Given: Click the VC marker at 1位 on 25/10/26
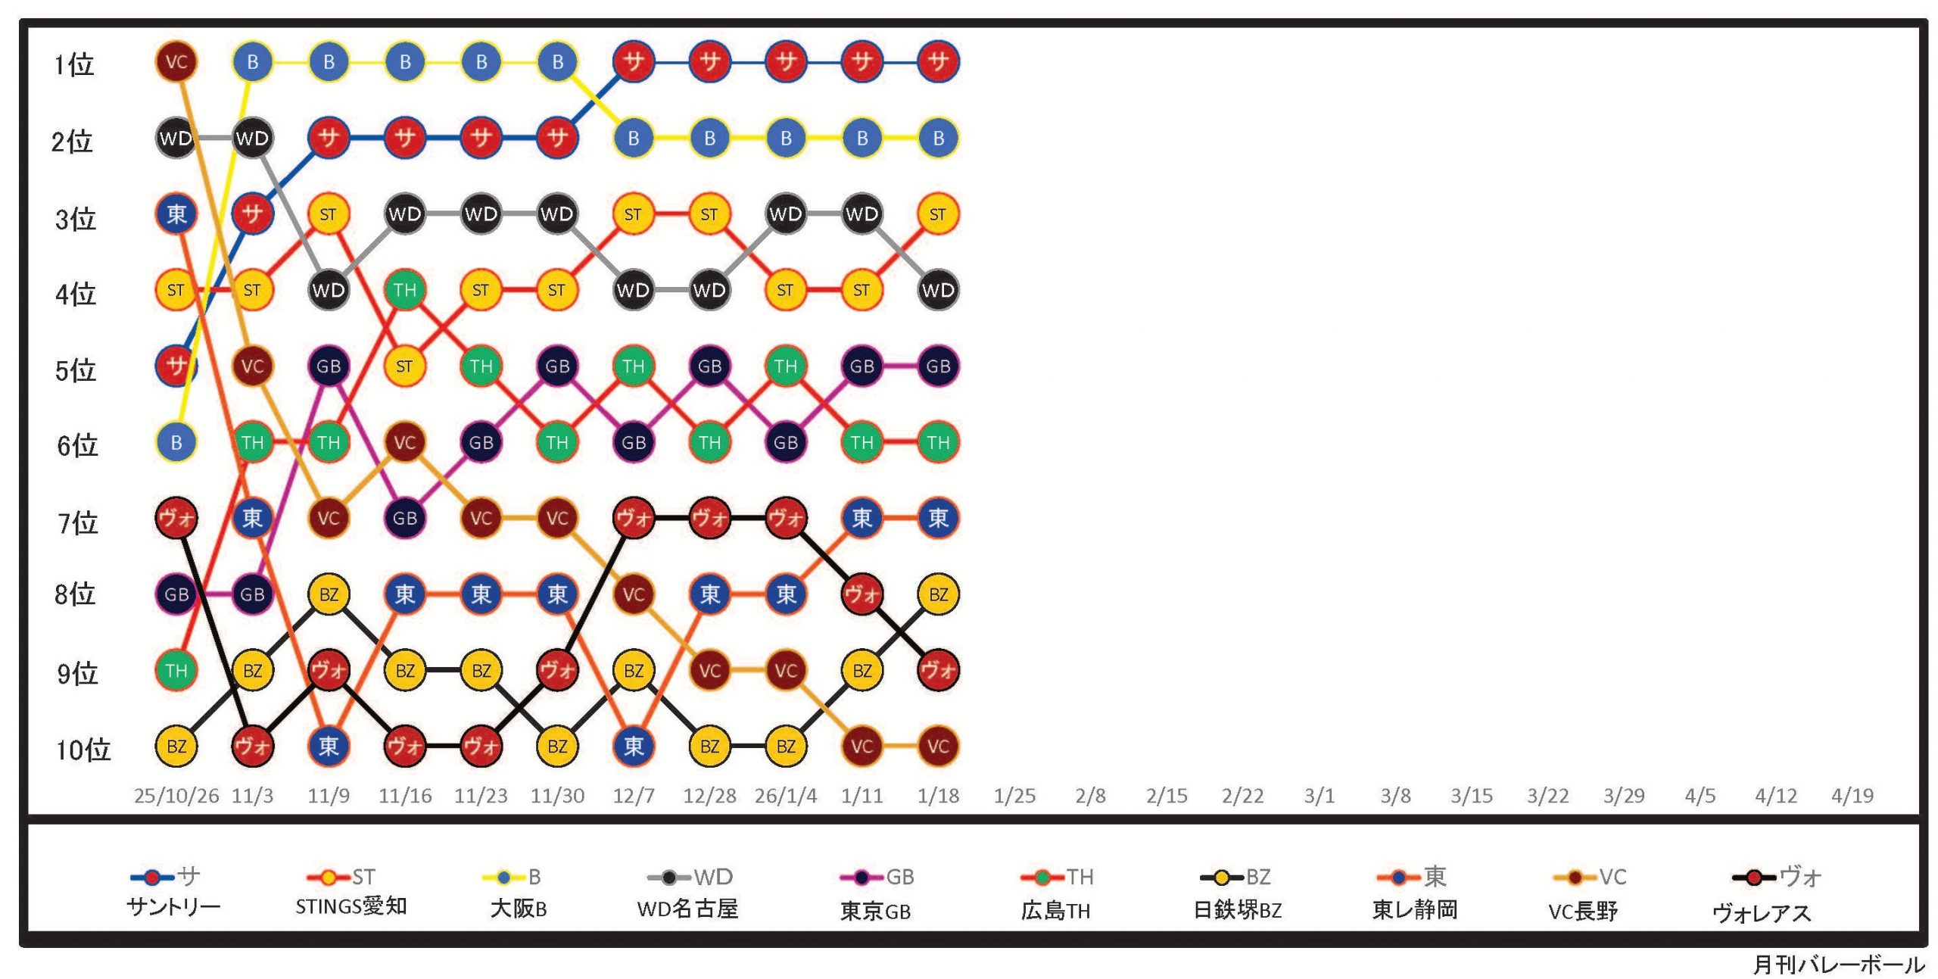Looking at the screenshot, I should coord(176,62).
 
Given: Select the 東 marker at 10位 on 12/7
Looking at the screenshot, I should coord(634,747).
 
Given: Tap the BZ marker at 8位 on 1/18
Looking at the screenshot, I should coord(938,594).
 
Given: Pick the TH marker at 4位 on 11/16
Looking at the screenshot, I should coord(405,290).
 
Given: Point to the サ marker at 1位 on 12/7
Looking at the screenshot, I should coord(634,62).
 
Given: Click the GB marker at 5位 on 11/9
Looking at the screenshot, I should coord(329,366).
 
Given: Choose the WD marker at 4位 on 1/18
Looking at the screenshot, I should coord(938,290).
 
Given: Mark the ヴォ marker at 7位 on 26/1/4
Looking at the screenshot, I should coord(786,519).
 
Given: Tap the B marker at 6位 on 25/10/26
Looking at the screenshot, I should coord(176,442).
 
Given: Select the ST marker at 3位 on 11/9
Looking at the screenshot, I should coord(329,214).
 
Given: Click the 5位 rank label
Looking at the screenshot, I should coord(76,371).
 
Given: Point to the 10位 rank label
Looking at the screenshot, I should coord(83,750).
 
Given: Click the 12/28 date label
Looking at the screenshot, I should coord(709,796).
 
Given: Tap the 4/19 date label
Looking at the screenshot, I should coord(1852,796).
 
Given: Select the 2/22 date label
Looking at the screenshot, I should coord(1242,796).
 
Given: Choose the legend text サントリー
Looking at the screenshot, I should coord(173,907).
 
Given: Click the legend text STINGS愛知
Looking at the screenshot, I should coord(351,907).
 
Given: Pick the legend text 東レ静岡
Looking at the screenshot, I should coord(1415,909).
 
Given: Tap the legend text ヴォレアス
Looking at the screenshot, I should coord(1762,913).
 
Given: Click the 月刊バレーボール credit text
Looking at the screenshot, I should coord(1838,965).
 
